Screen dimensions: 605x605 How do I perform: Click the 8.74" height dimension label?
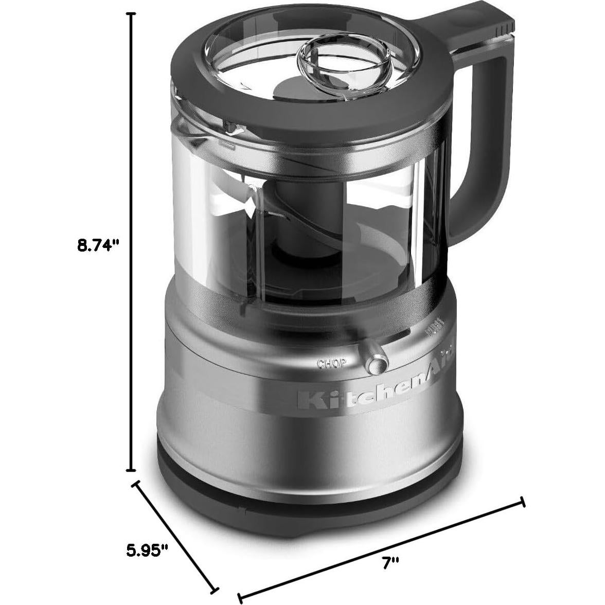[98, 245]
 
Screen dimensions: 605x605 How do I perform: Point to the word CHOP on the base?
[331, 364]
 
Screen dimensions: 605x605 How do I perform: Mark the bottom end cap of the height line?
[132, 470]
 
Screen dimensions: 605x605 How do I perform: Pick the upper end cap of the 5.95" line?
[136, 485]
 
